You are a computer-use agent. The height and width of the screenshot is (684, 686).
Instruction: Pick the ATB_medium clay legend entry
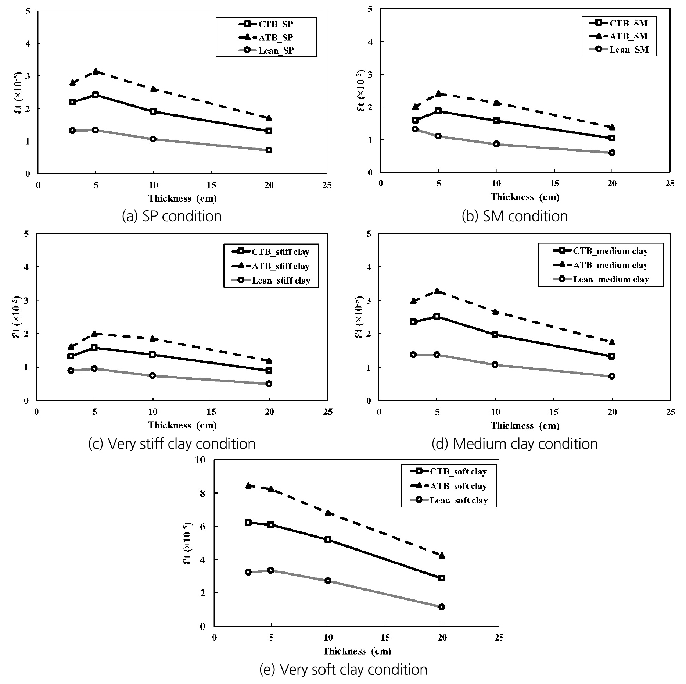click(601, 265)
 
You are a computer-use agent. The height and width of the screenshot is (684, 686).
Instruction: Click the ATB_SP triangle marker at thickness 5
click(96, 71)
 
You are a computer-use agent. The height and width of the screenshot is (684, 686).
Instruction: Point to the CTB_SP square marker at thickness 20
click(269, 131)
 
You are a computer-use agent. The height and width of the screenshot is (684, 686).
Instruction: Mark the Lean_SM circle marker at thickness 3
click(415, 129)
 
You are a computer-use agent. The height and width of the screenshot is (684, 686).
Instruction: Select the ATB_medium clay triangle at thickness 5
click(437, 291)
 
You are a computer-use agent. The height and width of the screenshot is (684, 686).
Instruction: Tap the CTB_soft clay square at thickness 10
click(328, 540)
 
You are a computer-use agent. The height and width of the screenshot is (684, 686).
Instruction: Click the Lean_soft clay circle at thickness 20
click(442, 607)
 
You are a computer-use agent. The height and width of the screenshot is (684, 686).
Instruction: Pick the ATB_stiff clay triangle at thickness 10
click(152, 338)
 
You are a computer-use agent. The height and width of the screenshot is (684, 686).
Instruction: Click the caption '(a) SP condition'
click(172, 216)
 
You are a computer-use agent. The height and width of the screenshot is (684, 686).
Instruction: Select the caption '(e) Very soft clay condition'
click(343, 670)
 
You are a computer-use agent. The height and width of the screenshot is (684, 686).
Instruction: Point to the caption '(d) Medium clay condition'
click(515, 444)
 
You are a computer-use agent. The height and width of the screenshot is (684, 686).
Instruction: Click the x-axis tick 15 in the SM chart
click(554, 184)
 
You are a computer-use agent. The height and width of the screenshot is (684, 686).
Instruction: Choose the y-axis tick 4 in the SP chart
click(28, 43)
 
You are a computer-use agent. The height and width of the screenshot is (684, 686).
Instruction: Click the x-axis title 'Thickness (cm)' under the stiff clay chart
click(182, 425)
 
